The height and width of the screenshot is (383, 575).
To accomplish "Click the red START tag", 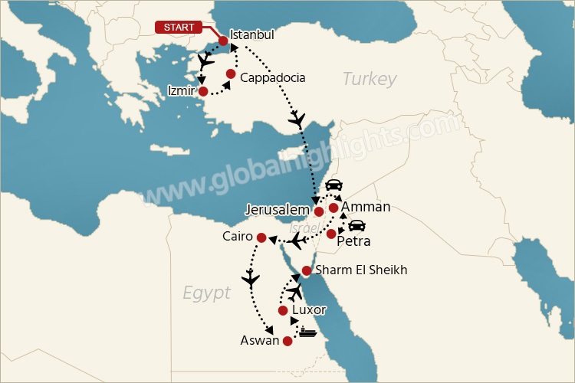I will click(x=179, y=28).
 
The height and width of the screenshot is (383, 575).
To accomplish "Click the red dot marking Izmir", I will click(x=203, y=92).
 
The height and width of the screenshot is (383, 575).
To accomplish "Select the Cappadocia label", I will click(x=272, y=78).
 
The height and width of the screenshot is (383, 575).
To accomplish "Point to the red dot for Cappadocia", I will click(x=231, y=74).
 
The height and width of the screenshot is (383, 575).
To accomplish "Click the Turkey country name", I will click(x=370, y=79).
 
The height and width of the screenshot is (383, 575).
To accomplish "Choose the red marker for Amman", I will click(x=333, y=208).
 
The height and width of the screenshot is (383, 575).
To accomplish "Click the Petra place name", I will click(x=353, y=241).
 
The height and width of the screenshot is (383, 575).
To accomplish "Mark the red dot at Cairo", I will click(x=261, y=237).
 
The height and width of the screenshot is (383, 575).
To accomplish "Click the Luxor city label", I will click(x=309, y=310).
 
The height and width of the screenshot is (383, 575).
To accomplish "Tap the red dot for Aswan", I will click(x=287, y=341).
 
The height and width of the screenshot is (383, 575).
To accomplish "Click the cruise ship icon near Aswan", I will click(x=308, y=332).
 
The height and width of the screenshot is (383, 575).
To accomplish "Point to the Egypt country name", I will click(x=206, y=293).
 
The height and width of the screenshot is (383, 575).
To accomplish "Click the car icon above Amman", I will click(x=333, y=186).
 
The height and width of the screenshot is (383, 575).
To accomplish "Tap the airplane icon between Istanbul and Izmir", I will click(x=205, y=60).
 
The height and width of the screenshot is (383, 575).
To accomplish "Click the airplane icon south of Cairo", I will click(x=250, y=279).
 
